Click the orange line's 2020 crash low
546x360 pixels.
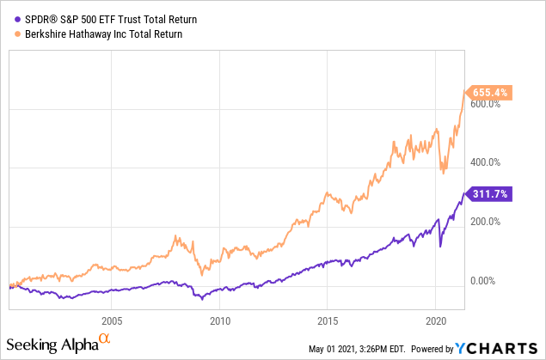444,173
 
